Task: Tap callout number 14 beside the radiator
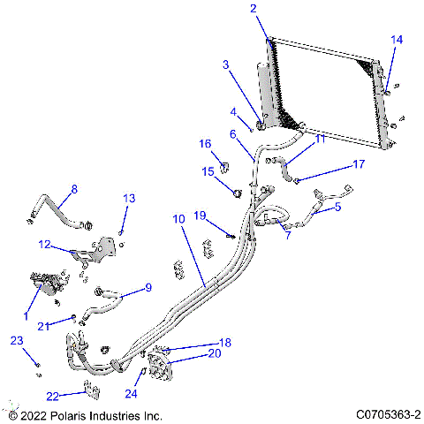pos(397,40)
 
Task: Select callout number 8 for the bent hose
pos(74,189)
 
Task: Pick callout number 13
pos(129,198)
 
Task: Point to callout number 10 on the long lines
pos(178,218)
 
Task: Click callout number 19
pos(201,216)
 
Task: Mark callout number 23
pos(15,340)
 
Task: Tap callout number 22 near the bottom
pos(52,396)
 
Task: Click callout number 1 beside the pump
pos(26,315)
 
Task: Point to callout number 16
pos(205,144)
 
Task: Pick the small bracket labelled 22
pos(88,389)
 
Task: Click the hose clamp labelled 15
pos(237,192)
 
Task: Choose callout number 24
pos(131,394)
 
